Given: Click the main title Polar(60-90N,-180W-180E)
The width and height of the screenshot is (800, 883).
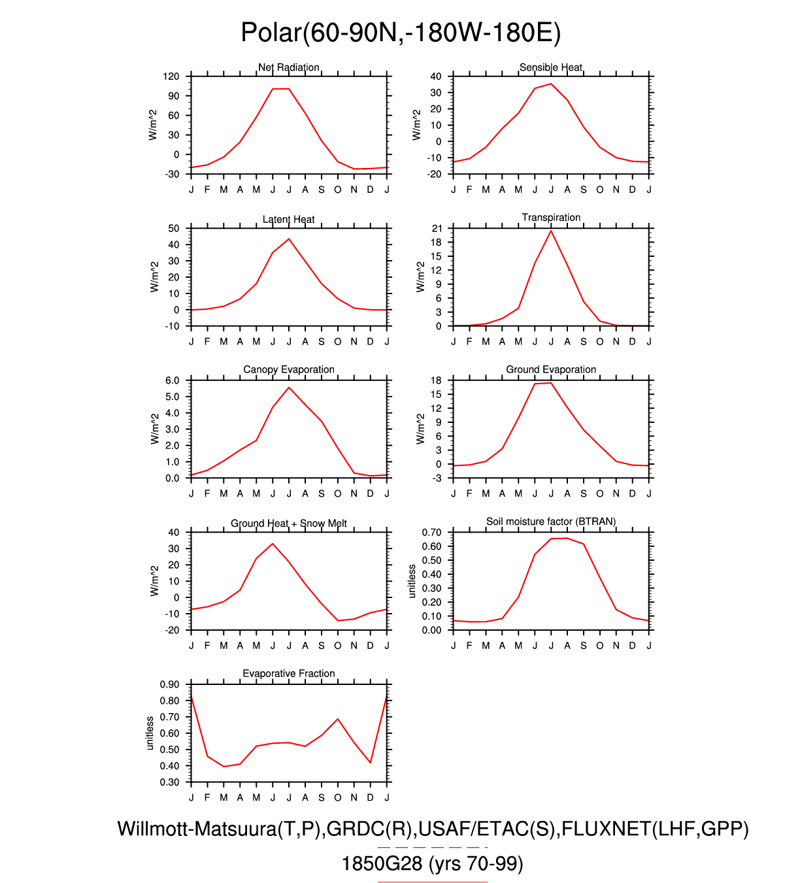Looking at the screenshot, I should pyautogui.click(x=400, y=33).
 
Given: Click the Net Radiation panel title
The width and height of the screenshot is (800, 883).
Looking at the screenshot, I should pyautogui.click(x=288, y=67).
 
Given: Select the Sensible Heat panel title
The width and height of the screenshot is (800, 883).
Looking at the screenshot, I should pyautogui.click(x=550, y=67).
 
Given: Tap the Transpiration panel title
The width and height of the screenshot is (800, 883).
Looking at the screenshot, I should pyautogui.click(x=551, y=218).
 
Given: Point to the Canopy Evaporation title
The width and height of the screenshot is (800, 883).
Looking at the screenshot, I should pyautogui.click(x=288, y=370).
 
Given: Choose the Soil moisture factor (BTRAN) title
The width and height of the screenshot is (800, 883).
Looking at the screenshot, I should pyautogui.click(x=551, y=522).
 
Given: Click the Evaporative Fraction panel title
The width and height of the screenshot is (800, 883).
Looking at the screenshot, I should pyautogui.click(x=288, y=674).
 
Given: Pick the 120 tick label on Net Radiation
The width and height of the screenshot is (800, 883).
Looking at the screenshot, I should pyautogui.click(x=171, y=76).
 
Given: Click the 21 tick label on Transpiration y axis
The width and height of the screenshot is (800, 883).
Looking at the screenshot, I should pyautogui.click(x=437, y=229).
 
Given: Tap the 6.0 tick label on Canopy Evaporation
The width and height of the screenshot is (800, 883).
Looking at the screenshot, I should pyautogui.click(x=172, y=381).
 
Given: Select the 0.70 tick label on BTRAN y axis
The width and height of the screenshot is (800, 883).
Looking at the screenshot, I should pyautogui.click(x=431, y=533).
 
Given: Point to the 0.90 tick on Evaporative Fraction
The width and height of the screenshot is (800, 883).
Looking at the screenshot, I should pyautogui.click(x=169, y=685).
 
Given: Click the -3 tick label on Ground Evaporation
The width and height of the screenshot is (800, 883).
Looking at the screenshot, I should pyautogui.click(x=437, y=478).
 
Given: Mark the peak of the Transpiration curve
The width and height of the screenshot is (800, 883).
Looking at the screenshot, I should pyautogui.click(x=551, y=231).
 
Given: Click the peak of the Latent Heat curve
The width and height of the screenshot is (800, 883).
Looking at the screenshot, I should pyautogui.click(x=289, y=239).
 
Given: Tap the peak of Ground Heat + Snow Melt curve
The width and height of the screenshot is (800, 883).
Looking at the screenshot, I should pyautogui.click(x=273, y=544).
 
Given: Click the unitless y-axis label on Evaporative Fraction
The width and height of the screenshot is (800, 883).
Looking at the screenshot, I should pyautogui.click(x=150, y=733).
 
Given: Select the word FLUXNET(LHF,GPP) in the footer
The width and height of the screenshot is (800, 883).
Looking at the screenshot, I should pyautogui.click(x=655, y=829).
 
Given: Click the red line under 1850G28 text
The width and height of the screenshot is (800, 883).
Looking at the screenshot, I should pyautogui.click(x=433, y=882).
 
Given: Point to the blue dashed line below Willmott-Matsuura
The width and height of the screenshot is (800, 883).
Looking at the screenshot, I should pyautogui.click(x=433, y=847).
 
